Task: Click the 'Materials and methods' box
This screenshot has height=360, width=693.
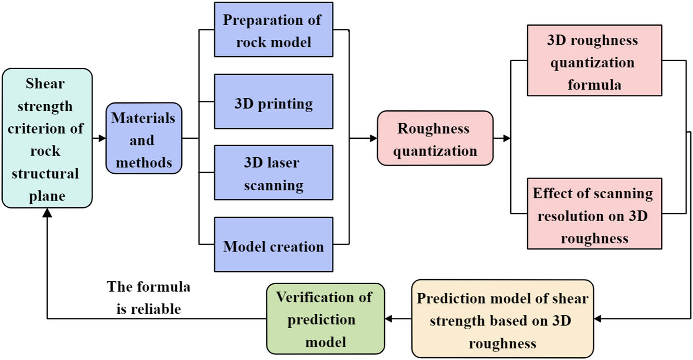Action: coord(143,138)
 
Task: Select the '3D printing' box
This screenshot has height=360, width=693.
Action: coord(273,101)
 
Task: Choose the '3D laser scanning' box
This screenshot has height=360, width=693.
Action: coord(273,173)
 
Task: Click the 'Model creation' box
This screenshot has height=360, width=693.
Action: coord(273,245)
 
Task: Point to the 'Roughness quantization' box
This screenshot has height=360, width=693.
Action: coord(435,138)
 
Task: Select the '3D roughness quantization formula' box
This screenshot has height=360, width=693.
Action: coord(594,61)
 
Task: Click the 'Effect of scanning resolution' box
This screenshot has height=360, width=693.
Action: coord(594,214)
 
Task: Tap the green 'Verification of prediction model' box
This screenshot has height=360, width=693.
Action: coord(325,319)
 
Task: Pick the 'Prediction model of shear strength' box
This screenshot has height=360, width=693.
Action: coord(502,319)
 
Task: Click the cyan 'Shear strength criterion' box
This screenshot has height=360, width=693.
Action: coord(46,138)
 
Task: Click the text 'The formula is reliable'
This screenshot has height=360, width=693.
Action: coord(149,297)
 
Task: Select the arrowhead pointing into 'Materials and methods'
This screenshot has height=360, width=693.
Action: coord(102,138)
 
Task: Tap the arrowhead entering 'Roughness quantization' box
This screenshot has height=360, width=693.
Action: coord(373,138)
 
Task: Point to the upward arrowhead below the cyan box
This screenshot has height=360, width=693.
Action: coord(47,213)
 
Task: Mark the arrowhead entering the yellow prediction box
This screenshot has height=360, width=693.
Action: coord(598,319)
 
